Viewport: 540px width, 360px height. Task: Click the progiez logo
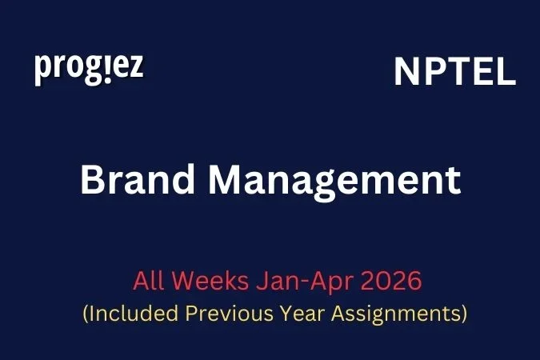point(89,69)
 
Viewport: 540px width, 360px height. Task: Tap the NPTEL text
point(454,74)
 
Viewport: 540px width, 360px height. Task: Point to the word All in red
point(150,282)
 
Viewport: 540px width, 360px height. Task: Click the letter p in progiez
point(42,70)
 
